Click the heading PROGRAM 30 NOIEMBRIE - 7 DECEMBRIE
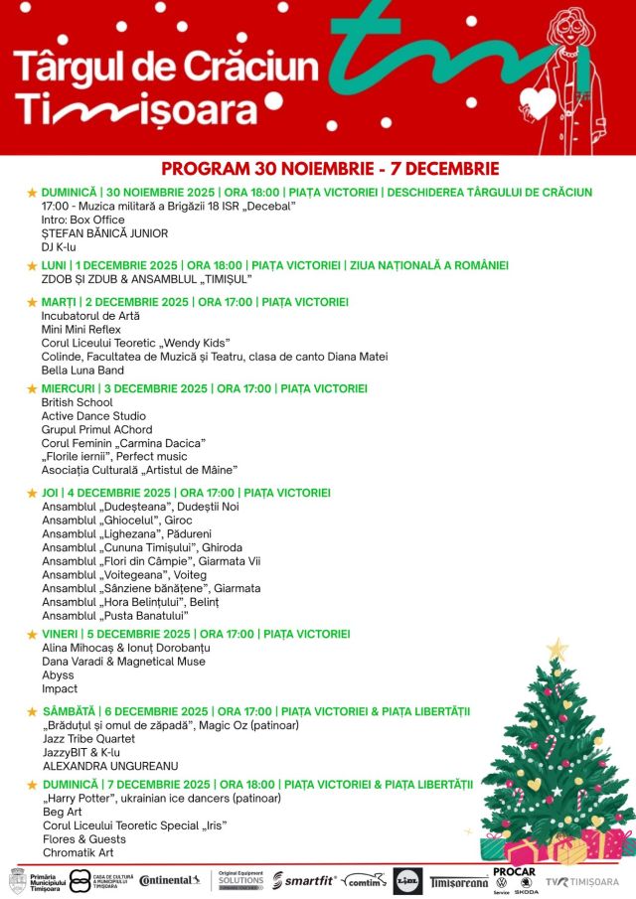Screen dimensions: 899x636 pyautogui.click(x=330, y=169)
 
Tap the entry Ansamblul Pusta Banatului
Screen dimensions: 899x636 pyautogui.click(x=116, y=616)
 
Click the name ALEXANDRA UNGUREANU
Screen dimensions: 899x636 pyautogui.click(x=110, y=766)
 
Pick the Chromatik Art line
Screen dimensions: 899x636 pyautogui.click(x=79, y=852)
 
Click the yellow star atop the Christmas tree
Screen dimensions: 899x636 pyautogui.click(x=557, y=651)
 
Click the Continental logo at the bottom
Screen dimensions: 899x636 pyautogui.click(x=170, y=880)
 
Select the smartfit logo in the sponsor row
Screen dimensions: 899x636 pyautogui.click(x=304, y=880)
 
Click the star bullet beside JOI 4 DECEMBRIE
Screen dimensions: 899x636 pyautogui.click(x=32, y=494)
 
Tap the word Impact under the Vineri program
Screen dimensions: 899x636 pyautogui.click(x=59, y=688)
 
